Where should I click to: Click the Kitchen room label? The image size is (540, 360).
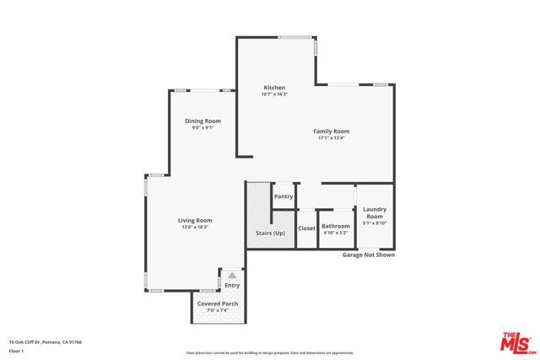274,88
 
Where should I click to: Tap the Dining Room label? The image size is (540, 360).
202,121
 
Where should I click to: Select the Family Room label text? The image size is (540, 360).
332,131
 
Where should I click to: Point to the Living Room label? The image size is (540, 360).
194,220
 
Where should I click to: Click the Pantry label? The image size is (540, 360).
283,196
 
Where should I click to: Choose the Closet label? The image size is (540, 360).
306,228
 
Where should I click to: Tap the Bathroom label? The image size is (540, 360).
335,225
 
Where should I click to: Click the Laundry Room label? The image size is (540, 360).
374,212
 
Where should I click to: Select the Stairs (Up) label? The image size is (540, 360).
270,232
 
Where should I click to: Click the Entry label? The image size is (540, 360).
232,285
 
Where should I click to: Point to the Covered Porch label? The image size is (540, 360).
218,303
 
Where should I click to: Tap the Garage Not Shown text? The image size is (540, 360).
367,255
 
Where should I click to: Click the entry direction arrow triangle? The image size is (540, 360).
232,275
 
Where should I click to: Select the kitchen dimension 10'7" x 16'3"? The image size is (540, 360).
274,94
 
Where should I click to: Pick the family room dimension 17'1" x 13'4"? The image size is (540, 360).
332,138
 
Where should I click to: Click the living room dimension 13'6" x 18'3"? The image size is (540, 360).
194,227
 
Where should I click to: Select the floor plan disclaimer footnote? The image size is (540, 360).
270,353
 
